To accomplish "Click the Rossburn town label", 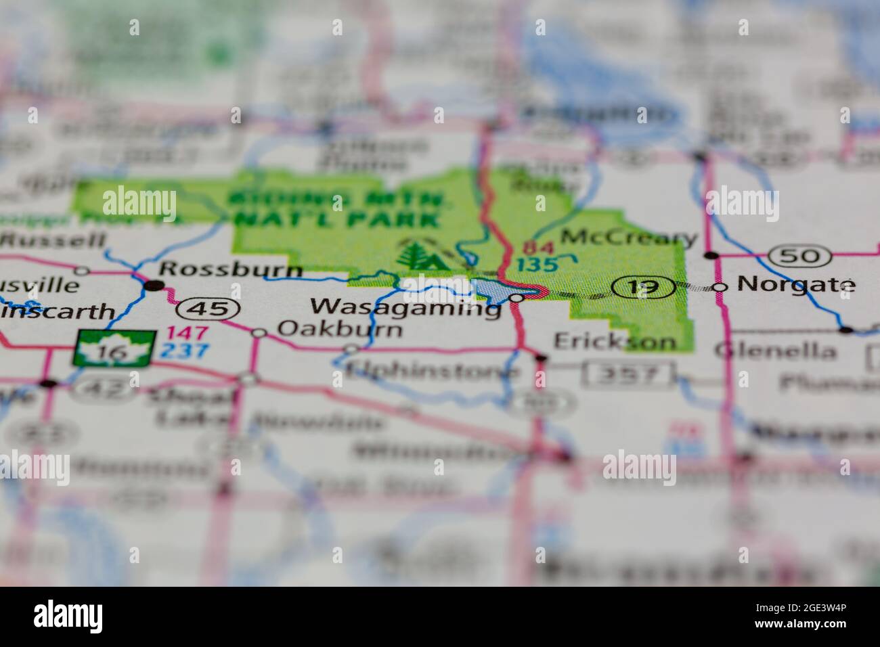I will (x=230, y=269).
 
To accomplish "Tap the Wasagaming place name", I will (x=405, y=307).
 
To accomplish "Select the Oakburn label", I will (x=340, y=330).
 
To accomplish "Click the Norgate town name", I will (x=795, y=284).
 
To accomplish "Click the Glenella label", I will (x=775, y=351).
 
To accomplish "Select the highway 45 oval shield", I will (x=208, y=309).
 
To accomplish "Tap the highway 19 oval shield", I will (x=643, y=288).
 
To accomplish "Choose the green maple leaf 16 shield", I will (x=113, y=349).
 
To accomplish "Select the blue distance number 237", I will (x=185, y=351).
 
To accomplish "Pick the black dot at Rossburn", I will (x=155, y=286).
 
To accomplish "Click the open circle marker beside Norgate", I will (x=720, y=287).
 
